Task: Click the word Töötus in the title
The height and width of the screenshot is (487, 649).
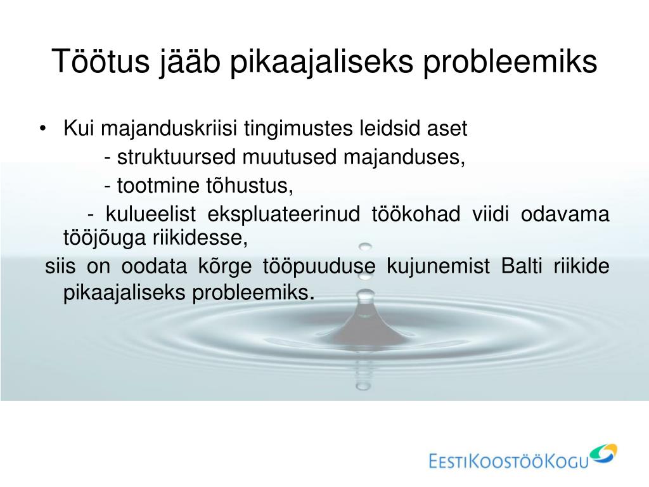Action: click(101, 61)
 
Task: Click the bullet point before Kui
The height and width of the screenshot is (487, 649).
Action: click(42, 128)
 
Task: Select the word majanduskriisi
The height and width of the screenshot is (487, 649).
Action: click(169, 128)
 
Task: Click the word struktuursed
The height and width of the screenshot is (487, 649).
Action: click(176, 157)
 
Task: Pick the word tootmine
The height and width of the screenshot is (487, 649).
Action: click(158, 185)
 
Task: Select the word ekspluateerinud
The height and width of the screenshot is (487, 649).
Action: click(283, 214)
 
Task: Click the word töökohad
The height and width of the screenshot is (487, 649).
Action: click(416, 214)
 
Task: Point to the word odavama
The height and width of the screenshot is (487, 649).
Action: click(565, 214)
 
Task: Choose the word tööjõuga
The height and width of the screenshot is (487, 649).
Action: click(105, 238)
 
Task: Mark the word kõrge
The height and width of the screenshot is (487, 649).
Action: click(225, 266)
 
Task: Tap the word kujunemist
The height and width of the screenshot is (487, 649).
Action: click(439, 266)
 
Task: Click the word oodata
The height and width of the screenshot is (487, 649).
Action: click(154, 266)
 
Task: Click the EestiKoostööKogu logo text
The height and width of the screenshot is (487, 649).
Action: click(509, 460)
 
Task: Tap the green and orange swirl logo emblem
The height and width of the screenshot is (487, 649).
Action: click(603, 453)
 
